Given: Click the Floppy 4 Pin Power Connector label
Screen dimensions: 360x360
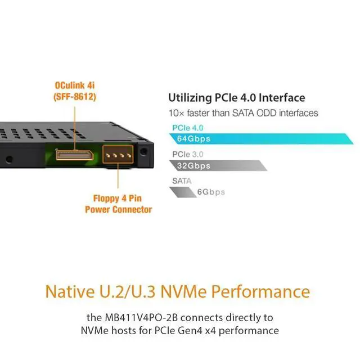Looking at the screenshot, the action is (118, 204).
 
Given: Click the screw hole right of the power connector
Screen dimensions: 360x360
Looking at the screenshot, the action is (146, 151).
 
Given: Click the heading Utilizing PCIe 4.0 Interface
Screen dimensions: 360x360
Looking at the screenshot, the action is (237, 98).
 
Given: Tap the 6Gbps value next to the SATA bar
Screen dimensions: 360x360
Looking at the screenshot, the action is (211, 192).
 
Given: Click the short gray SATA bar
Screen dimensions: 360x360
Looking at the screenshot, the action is (182, 192).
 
